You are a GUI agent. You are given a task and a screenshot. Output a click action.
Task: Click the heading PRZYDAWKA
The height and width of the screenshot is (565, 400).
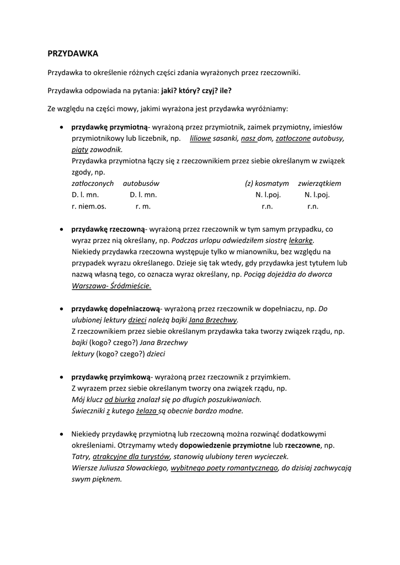(73, 54)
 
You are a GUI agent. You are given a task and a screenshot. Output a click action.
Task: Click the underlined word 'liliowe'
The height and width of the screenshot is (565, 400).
(200, 138)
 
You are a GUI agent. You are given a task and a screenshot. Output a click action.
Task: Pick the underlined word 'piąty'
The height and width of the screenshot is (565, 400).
(80, 149)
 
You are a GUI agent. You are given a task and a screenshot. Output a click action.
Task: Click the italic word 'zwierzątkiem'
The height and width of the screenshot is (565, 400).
(319, 183)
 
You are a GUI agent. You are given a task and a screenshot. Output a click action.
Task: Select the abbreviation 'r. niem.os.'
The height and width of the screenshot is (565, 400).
(89, 206)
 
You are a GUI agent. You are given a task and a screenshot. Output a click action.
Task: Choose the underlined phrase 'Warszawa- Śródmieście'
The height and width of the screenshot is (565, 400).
(111, 286)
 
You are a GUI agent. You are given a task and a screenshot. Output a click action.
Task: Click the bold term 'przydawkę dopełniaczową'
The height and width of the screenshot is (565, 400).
(115, 308)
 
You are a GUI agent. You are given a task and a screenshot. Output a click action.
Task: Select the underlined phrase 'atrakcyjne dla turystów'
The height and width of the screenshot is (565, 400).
(131, 456)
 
